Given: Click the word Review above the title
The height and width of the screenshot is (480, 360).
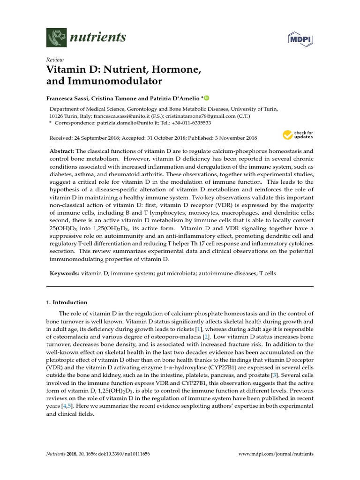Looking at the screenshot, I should [54, 60].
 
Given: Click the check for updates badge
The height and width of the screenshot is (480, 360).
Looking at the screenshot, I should [298, 135].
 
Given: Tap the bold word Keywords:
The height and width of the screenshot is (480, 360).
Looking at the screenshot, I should [64, 273].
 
